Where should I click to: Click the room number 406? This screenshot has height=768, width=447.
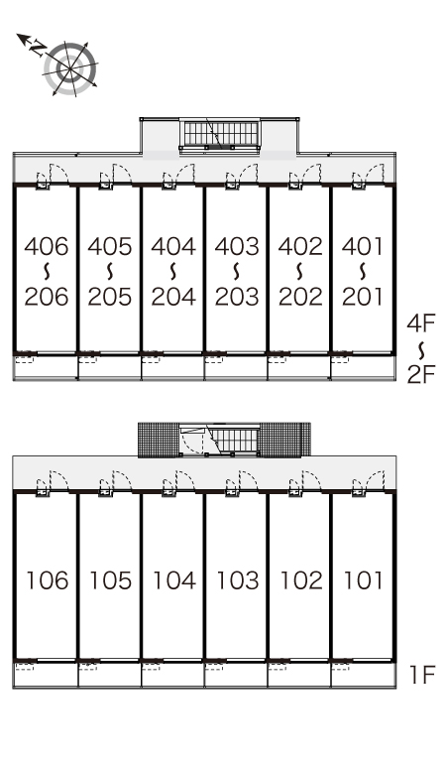(x=47, y=246)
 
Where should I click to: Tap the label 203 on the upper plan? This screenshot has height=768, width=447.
(x=237, y=297)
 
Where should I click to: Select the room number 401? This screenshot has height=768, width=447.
(x=363, y=246)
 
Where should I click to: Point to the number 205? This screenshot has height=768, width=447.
(x=110, y=297)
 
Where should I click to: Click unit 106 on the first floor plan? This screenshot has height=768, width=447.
(x=47, y=580)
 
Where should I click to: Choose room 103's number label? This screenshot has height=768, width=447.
(x=237, y=580)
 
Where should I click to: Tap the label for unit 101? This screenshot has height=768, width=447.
(x=363, y=580)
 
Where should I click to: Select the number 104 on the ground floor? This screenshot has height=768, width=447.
(x=174, y=580)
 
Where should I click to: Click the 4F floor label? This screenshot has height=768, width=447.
(x=421, y=322)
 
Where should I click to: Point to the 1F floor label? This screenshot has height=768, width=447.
(x=422, y=675)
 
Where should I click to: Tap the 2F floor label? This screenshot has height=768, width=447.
(x=421, y=375)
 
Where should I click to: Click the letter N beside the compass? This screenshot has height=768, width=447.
(x=38, y=48)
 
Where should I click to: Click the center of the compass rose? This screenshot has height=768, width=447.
(x=71, y=69)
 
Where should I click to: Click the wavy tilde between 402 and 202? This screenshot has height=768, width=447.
(x=299, y=271)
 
